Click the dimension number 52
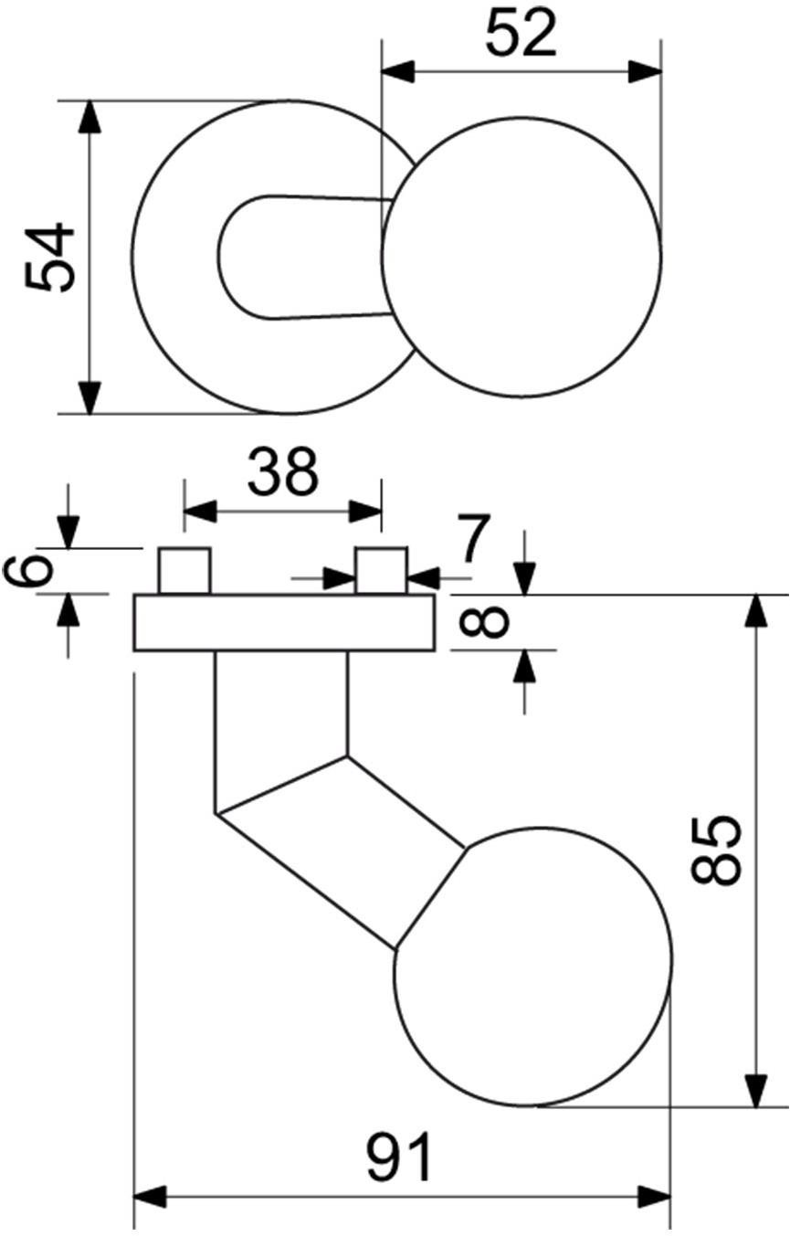point(521,34)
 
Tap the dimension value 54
point(50,257)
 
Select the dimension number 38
point(283,472)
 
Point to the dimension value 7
point(474,537)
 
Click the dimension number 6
point(28,571)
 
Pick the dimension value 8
point(484,622)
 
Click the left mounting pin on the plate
point(184,571)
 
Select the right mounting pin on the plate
point(382,571)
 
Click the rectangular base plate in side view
point(284,623)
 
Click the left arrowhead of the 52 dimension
point(398,72)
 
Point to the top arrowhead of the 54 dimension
point(90,116)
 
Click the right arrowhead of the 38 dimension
point(365,512)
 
